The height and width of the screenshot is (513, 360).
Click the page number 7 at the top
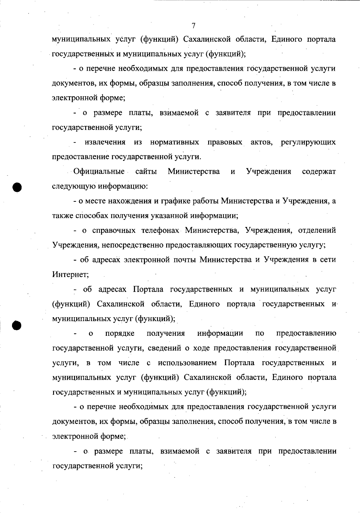point(193,26)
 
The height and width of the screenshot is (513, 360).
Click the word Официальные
point(99,172)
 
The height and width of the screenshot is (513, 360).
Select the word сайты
point(146,172)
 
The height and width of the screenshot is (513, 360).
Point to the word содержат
point(319,172)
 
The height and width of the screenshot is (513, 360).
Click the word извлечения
point(105,142)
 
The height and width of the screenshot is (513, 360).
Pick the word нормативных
point(175,142)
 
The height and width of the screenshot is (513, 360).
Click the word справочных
point(112,231)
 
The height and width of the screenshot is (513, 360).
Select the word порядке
point(120,333)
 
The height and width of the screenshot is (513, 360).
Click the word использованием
point(187,363)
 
